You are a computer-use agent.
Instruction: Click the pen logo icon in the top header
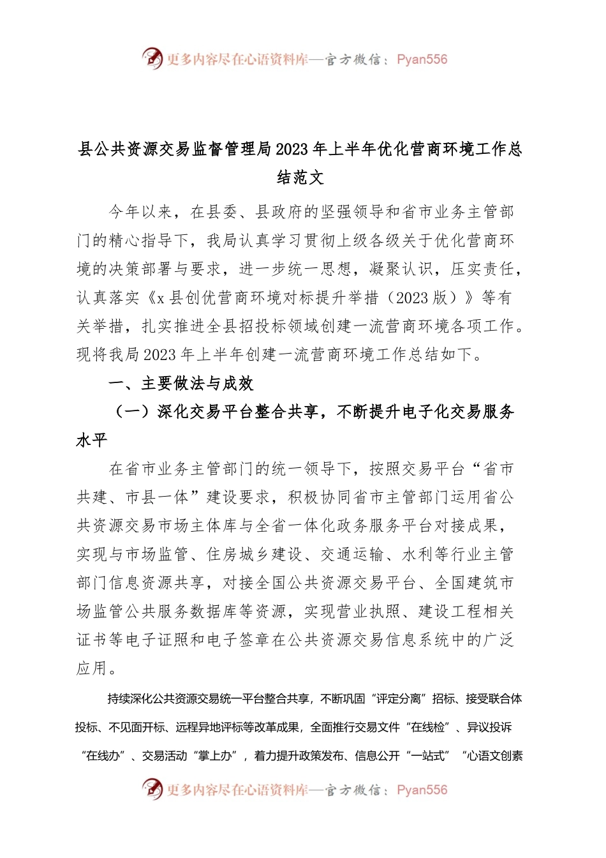(152, 59)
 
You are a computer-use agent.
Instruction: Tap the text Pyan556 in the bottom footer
(422, 790)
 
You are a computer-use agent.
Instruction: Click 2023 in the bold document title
(292, 149)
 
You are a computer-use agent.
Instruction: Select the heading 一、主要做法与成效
(181, 384)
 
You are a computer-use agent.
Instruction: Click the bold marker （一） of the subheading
(131, 412)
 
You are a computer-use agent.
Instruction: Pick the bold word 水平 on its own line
(92, 440)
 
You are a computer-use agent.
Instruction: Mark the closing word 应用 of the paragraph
(92, 668)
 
